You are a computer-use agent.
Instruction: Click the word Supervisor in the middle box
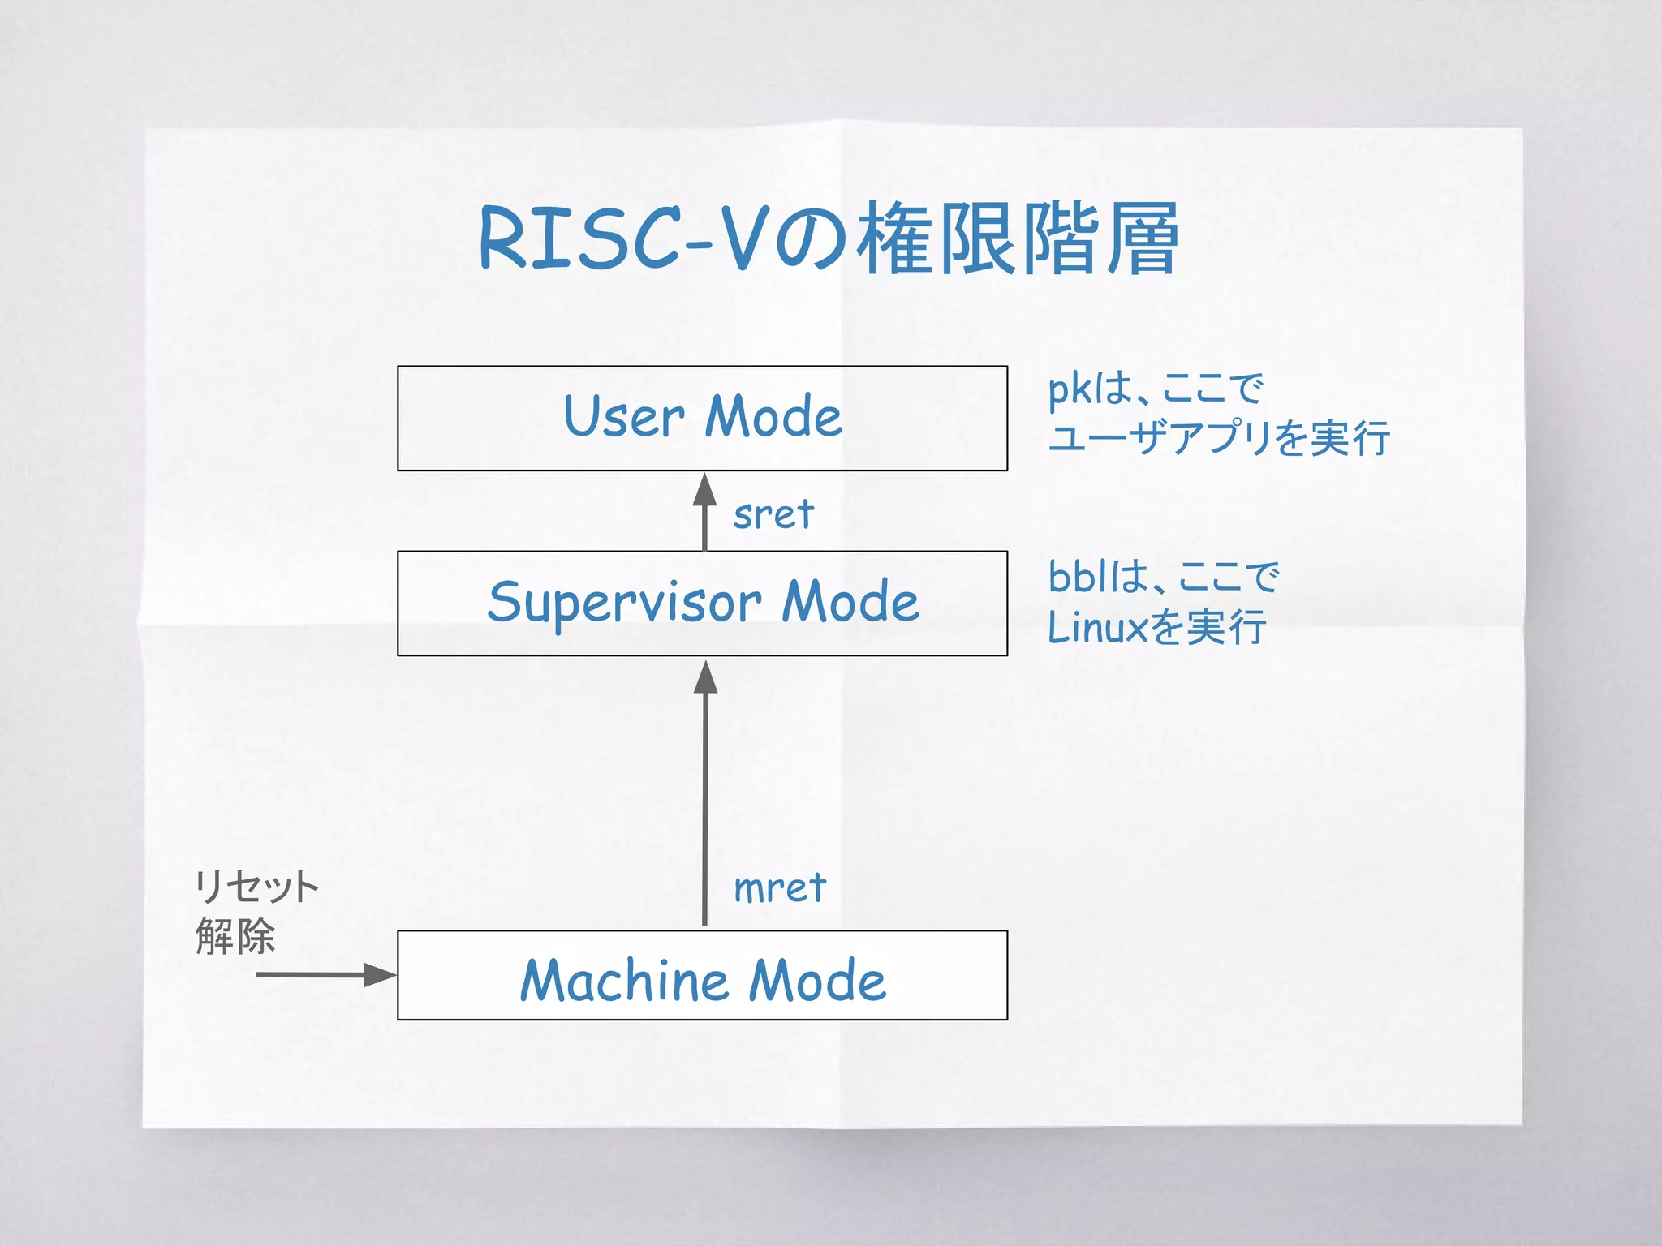coord(624,604)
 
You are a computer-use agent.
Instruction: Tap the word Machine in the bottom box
coord(624,981)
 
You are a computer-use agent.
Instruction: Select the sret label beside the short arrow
coord(773,514)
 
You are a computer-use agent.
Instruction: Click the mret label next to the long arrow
coord(779,887)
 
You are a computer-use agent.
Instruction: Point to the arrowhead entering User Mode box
coord(704,490)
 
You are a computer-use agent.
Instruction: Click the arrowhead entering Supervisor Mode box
coord(705,677)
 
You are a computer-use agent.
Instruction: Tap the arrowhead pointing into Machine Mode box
coord(379,975)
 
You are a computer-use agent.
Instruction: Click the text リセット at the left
coord(256,887)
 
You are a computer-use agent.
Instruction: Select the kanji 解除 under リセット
coord(235,937)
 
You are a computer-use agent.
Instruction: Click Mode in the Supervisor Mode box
coord(850,604)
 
